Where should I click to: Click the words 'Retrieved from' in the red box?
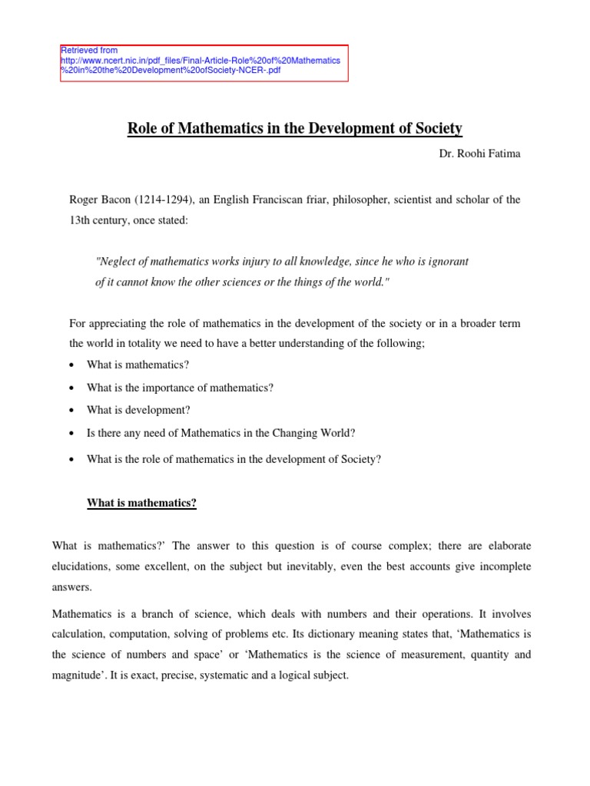[x=89, y=50]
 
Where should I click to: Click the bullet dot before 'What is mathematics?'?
[x=71, y=365]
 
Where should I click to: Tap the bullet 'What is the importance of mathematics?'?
[x=180, y=388]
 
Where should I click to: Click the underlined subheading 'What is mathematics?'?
[x=142, y=504]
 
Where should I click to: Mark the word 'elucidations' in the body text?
[x=79, y=566]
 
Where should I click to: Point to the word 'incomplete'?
[x=505, y=566]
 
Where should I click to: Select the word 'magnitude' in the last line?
[x=78, y=676]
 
